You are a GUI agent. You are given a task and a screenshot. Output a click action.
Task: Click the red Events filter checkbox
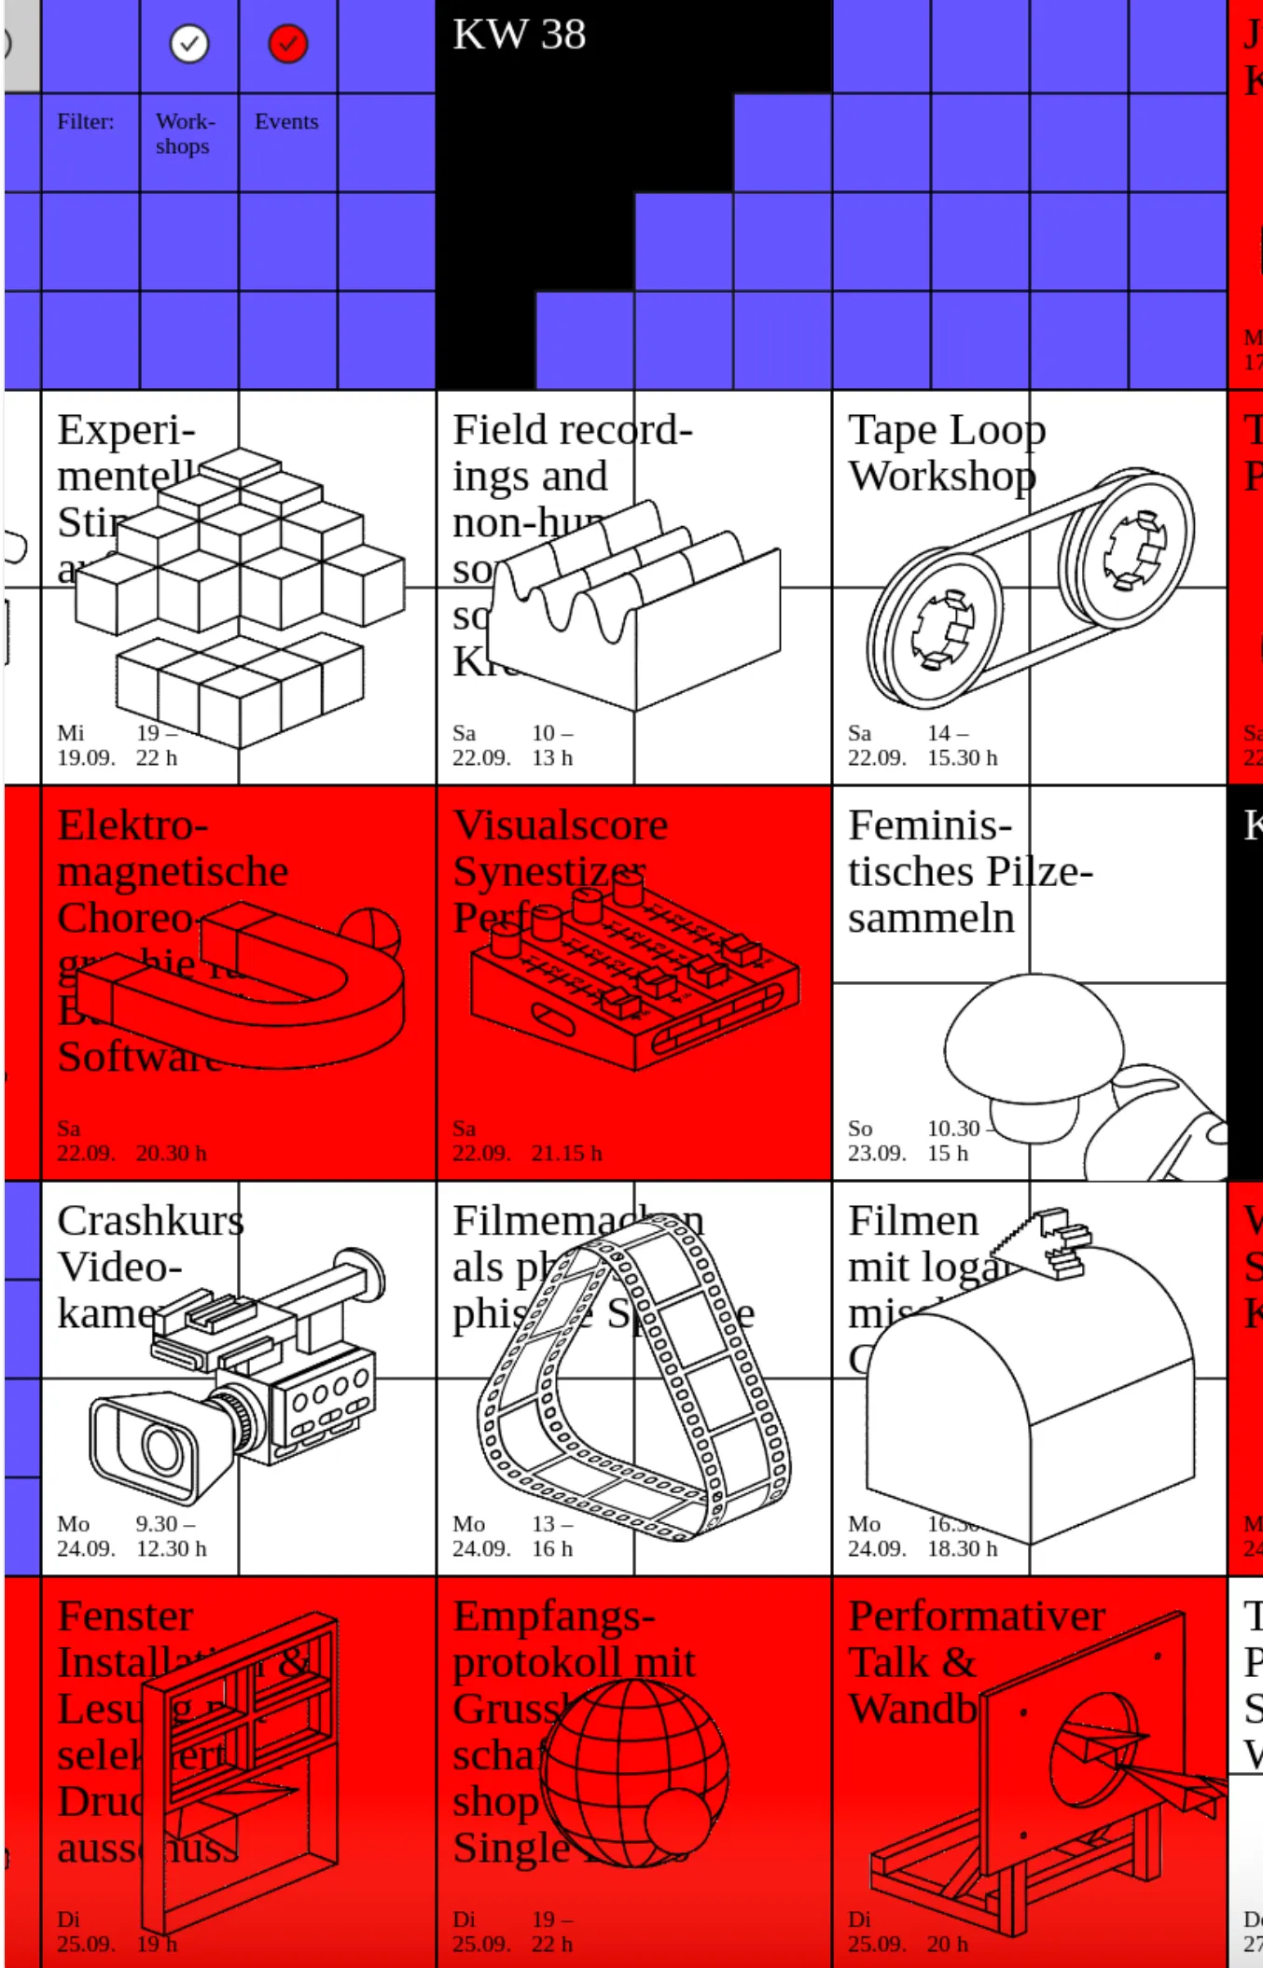click(x=287, y=44)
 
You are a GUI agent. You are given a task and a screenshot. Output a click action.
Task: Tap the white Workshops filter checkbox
click(x=189, y=44)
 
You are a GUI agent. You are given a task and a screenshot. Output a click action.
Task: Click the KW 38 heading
click(x=519, y=35)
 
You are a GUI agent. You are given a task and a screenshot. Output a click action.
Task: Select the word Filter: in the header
click(x=85, y=121)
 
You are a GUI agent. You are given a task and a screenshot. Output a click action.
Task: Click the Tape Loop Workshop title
click(x=945, y=453)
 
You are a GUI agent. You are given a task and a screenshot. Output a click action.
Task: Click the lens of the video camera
click(x=162, y=1448)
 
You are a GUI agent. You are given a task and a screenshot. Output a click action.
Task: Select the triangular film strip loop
click(x=634, y=1380)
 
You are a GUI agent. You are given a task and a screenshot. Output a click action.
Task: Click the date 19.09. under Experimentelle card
click(x=86, y=757)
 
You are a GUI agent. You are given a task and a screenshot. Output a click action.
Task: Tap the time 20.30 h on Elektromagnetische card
click(x=172, y=1153)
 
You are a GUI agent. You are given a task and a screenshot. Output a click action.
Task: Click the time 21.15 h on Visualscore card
click(x=567, y=1153)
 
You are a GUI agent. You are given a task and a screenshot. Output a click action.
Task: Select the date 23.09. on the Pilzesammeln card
click(x=877, y=1153)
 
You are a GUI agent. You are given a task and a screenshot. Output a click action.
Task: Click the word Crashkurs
click(x=150, y=1221)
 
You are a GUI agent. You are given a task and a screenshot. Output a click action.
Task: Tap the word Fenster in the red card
click(x=125, y=1616)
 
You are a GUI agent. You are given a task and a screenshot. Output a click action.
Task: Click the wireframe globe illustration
click(x=634, y=1772)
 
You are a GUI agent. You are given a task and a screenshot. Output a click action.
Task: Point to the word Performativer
click(x=977, y=1616)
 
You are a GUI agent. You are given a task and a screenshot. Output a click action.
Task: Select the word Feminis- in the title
click(x=929, y=825)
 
